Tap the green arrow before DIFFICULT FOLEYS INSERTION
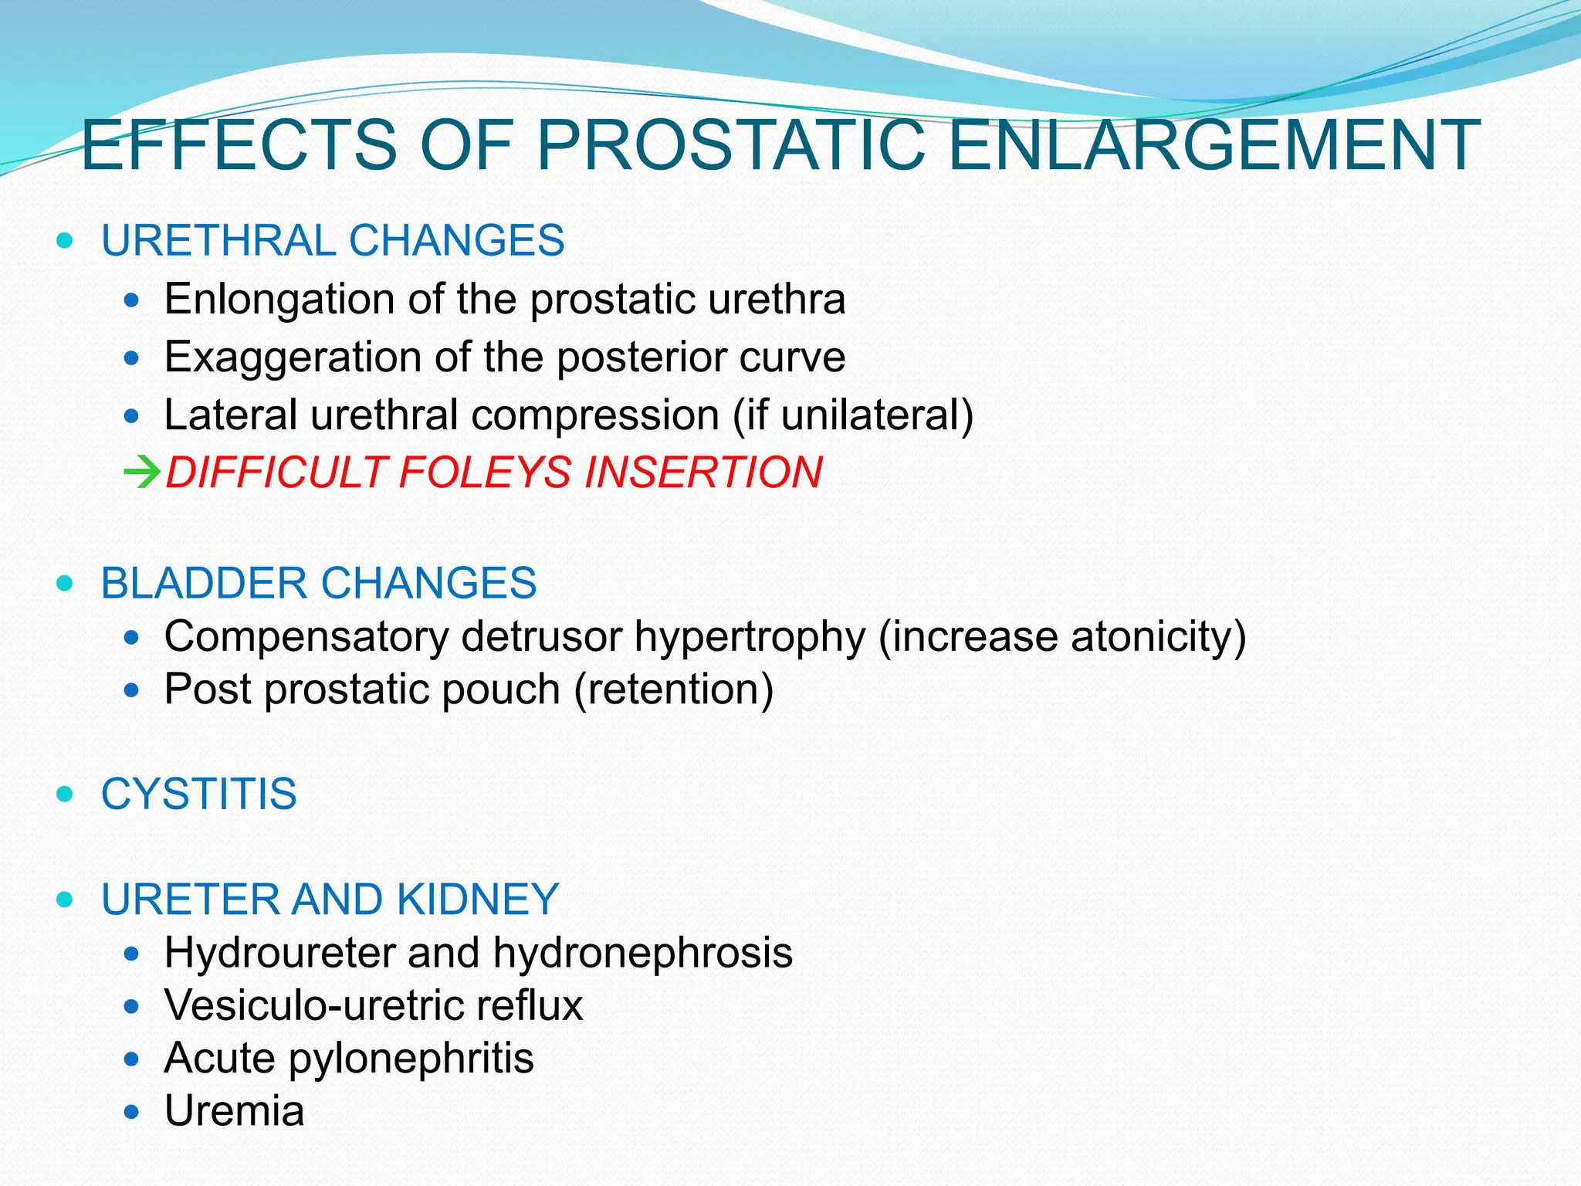pyautogui.click(x=142, y=472)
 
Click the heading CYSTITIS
pyautogui.click(x=198, y=794)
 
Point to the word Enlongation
pyautogui.click(x=279, y=299)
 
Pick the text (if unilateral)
pyautogui.click(x=853, y=415)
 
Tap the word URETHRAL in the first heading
pyautogui.click(x=218, y=240)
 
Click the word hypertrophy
pyautogui.click(x=749, y=638)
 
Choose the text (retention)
pyautogui.click(x=673, y=690)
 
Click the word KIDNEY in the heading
pyautogui.click(x=477, y=900)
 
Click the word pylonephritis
pyautogui.click(x=411, y=1058)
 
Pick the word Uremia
pyautogui.click(x=234, y=1111)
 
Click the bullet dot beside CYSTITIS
pyautogui.click(x=65, y=794)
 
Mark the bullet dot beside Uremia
pyautogui.click(x=133, y=1113)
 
